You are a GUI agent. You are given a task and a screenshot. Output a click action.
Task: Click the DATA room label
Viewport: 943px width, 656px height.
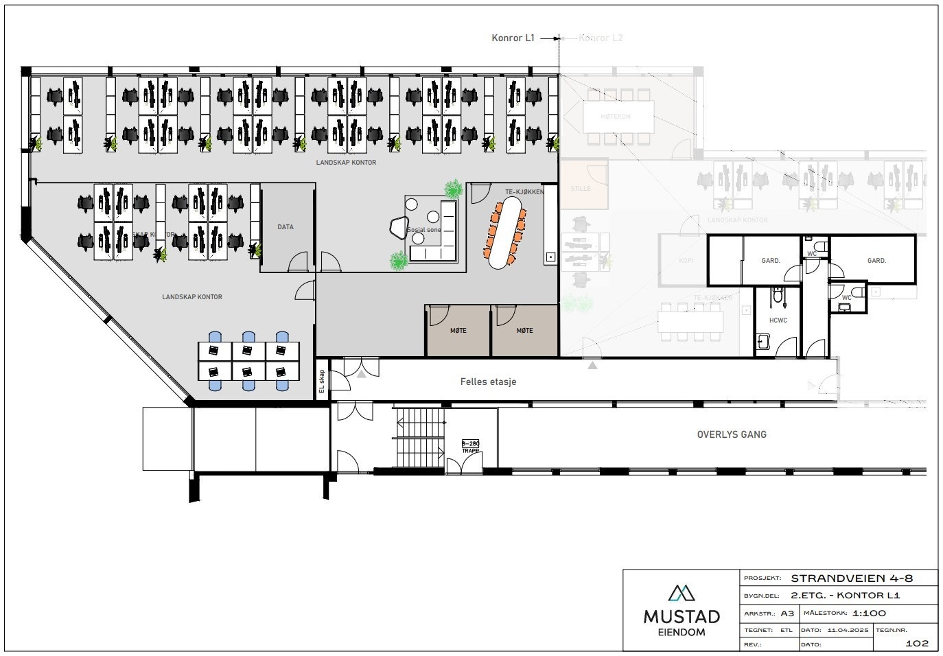click(286, 227)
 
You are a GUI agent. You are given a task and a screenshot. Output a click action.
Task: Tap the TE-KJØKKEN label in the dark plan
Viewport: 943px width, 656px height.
click(524, 192)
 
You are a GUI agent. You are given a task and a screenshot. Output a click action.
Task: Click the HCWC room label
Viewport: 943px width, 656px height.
click(778, 320)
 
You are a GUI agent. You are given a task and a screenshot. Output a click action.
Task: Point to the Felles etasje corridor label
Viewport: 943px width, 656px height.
click(488, 382)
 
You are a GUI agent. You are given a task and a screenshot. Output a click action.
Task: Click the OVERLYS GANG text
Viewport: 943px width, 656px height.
click(732, 434)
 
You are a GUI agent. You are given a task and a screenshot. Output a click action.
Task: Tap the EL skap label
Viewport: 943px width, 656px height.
click(321, 382)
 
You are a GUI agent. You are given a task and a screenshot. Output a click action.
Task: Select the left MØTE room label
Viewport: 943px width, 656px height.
click(458, 331)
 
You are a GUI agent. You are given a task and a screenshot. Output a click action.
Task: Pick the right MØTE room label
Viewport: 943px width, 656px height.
click(524, 331)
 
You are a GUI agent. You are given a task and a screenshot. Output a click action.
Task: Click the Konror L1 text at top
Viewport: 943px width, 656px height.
click(513, 38)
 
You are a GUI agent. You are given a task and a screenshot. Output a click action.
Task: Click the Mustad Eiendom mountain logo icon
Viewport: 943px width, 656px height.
click(681, 592)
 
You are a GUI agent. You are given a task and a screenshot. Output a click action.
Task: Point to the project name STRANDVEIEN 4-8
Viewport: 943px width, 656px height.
click(852, 578)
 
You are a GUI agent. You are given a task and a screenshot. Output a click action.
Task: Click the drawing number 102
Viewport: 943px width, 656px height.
click(917, 643)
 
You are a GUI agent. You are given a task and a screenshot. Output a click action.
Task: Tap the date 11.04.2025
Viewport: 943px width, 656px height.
click(848, 630)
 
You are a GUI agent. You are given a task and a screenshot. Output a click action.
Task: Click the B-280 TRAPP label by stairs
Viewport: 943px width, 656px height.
click(470, 447)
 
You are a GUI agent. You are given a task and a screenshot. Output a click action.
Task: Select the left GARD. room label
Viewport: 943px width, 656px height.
click(771, 261)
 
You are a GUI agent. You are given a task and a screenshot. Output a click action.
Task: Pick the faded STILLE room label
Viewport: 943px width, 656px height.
click(581, 188)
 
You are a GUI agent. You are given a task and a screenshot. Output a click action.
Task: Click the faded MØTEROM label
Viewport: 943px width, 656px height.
click(616, 117)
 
